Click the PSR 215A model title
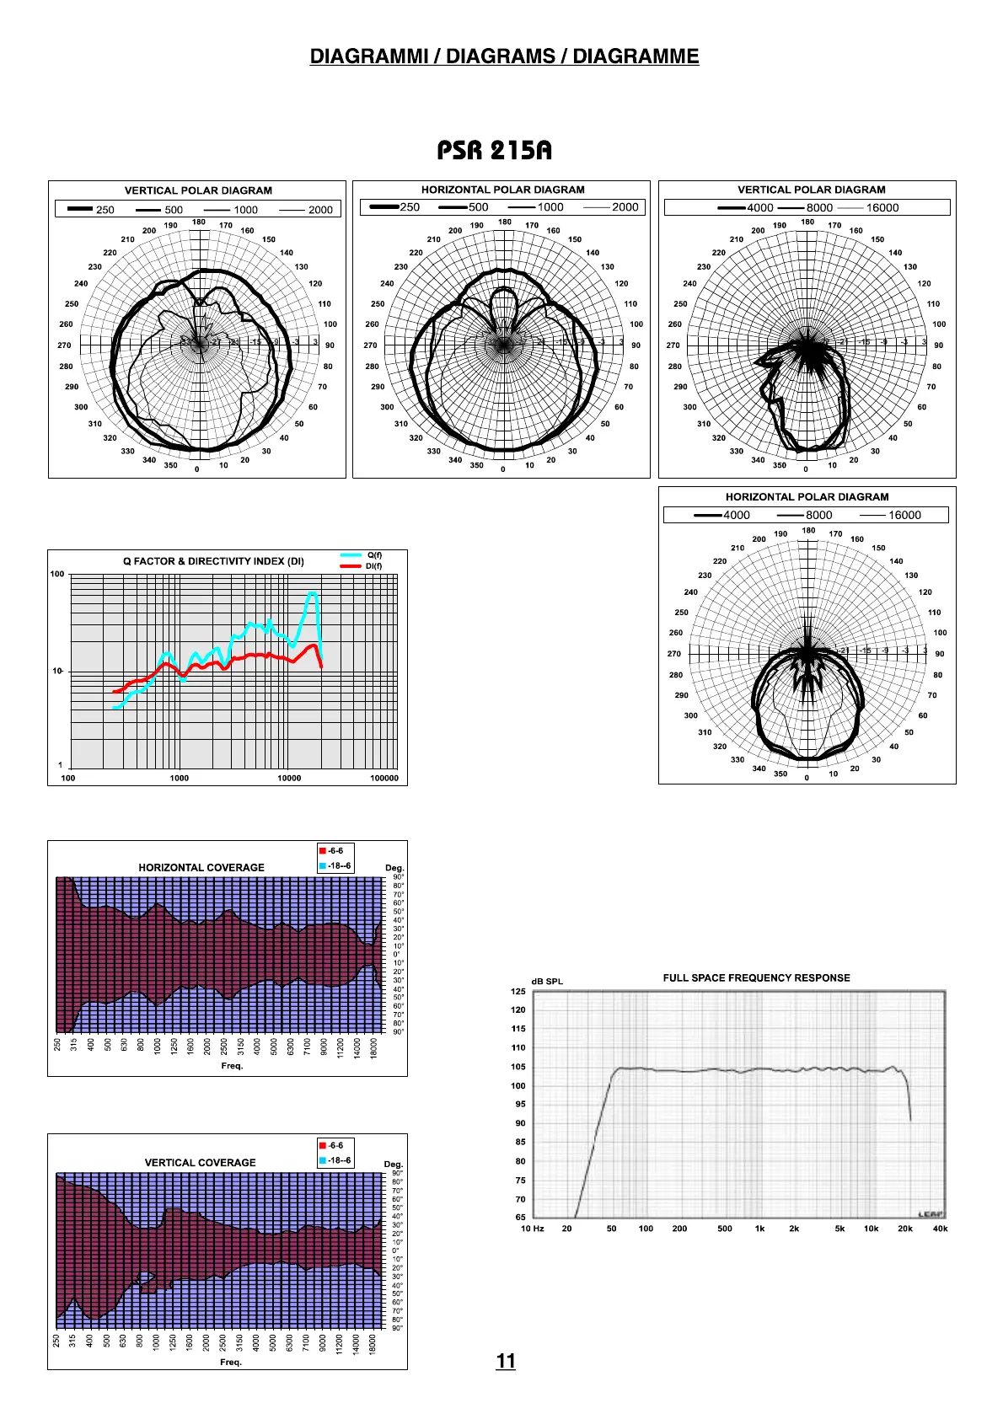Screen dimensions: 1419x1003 [494, 151]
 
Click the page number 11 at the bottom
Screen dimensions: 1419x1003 [506, 1361]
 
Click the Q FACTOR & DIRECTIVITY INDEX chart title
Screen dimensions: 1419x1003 [213, 561]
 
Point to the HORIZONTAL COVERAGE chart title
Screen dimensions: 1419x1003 [201, 867]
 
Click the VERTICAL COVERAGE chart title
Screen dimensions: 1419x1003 [201, 1163]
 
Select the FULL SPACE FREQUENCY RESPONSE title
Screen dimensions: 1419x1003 [756, 978]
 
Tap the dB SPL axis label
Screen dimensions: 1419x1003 [547, 982]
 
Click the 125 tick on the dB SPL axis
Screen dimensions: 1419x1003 [518, 992]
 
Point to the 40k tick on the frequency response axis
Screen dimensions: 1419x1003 [940, 1229]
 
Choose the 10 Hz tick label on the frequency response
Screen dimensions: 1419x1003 [533, 1229]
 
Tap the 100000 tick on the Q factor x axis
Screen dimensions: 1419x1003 [384, 779]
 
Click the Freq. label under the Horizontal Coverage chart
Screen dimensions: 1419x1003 [232, 1066]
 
